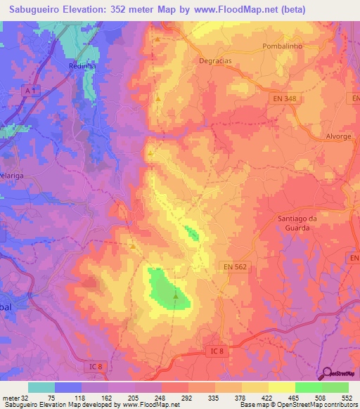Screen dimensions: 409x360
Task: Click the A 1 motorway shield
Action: (28, 91)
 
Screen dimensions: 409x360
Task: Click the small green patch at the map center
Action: (191, 233)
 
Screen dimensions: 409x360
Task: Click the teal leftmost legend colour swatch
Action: (41, 387)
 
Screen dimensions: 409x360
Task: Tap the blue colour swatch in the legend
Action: (68, 387)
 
